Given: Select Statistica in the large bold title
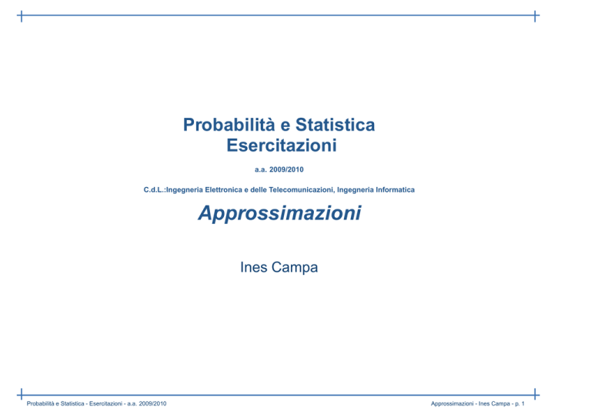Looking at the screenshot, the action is [x=335, y=125].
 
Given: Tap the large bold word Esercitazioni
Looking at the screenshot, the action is [x=281, y=145].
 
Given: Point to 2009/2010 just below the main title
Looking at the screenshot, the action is [x=286, y=169].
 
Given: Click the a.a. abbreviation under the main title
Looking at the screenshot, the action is [x=260, y=169].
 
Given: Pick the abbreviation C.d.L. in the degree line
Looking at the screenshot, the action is [x=154, y=189].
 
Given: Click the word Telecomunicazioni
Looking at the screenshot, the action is [x=302, y=189].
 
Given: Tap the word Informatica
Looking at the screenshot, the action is [x=395, y=189].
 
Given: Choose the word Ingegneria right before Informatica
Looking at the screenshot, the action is [x=355, y=190].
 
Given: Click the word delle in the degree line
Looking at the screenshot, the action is [x=259, y=189].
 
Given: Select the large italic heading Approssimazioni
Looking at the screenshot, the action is [x=279, y=213].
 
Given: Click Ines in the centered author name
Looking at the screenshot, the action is [x=254, y=267].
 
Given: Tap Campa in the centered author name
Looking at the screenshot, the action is [x=295, y=268].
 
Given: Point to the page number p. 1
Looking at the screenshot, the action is [x=519, y=403].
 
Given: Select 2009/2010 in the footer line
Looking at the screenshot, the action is [x=152, y=403].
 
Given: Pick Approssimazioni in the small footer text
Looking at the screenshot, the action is [x=452, y=403].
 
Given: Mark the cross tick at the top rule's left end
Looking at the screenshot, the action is [x=22, y=16].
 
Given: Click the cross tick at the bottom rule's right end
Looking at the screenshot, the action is [x=535, y=395].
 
